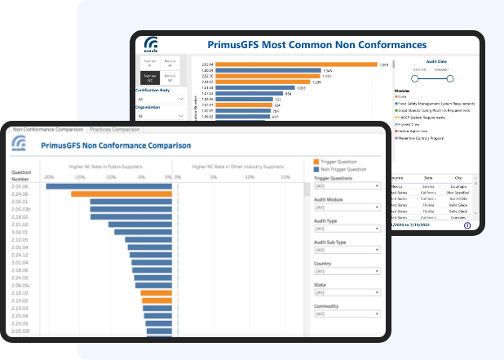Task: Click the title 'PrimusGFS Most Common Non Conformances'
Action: pos(305,44)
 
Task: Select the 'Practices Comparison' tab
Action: pos(115,129)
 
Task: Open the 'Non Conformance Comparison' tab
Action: pos(48,129)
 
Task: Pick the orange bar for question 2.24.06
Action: pos(122,193)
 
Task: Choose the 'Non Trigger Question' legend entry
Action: pos(342,170)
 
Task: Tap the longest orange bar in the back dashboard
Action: pos(285,64)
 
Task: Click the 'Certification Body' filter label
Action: pos(154,90)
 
